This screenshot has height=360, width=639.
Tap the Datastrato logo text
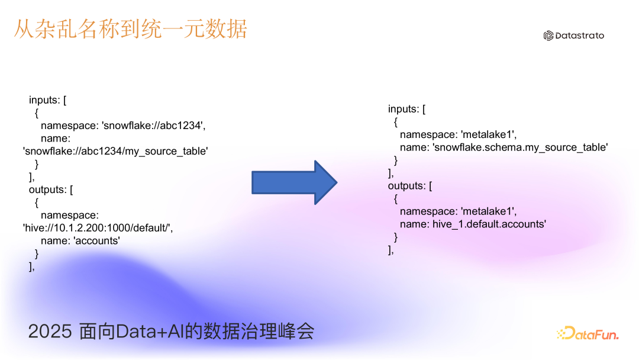580,36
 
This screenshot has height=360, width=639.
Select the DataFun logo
588,334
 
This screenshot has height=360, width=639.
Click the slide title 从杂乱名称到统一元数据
130,29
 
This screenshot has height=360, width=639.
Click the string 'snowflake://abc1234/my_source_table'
115,151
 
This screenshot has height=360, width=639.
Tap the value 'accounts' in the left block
100,241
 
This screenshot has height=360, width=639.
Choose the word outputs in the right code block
406,186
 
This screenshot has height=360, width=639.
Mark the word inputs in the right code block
404,109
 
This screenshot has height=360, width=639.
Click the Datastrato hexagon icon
548,36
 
